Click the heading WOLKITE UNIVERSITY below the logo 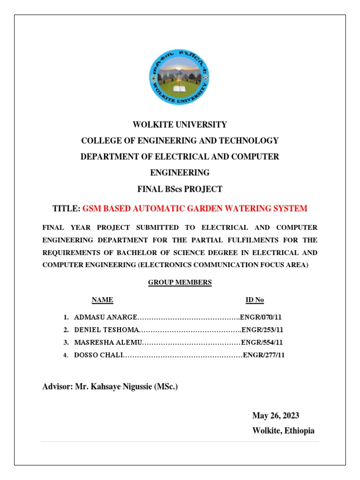(180, 125)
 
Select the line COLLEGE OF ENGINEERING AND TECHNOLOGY (180, 141)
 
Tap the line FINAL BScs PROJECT (180, 189)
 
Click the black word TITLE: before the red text (66, 209)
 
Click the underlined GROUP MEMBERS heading (180, 283)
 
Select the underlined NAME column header (102, 300)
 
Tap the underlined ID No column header (255, 300)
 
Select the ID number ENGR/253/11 (262, 330)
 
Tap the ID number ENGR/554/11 (262, 343)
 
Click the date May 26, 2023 (276, 416)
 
